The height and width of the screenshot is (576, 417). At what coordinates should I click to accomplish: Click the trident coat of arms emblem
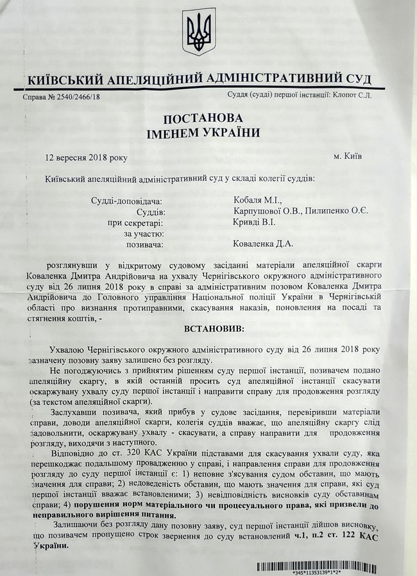pos(200,31)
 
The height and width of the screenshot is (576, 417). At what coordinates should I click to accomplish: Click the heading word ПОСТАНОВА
pos(206,119)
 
